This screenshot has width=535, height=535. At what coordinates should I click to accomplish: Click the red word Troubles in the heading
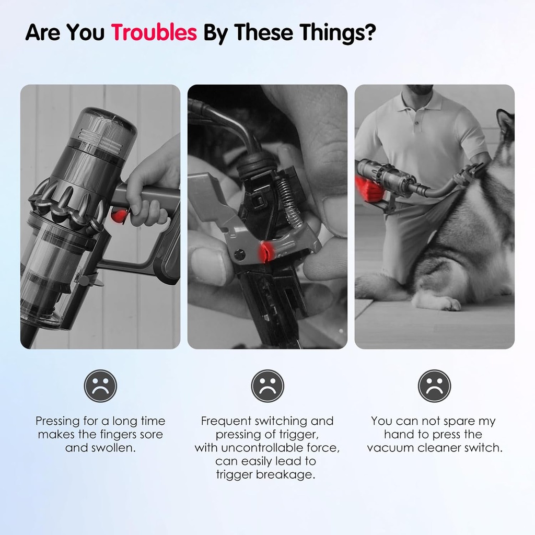154,32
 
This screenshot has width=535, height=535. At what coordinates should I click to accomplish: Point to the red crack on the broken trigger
264,251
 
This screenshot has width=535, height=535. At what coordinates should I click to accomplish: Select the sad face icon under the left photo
100,386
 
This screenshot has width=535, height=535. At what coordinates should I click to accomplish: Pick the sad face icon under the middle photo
267,386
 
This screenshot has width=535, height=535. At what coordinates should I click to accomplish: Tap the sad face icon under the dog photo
434,386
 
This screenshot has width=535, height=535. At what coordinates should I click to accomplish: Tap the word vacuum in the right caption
389,448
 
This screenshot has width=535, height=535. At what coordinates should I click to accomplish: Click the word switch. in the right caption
484,448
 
